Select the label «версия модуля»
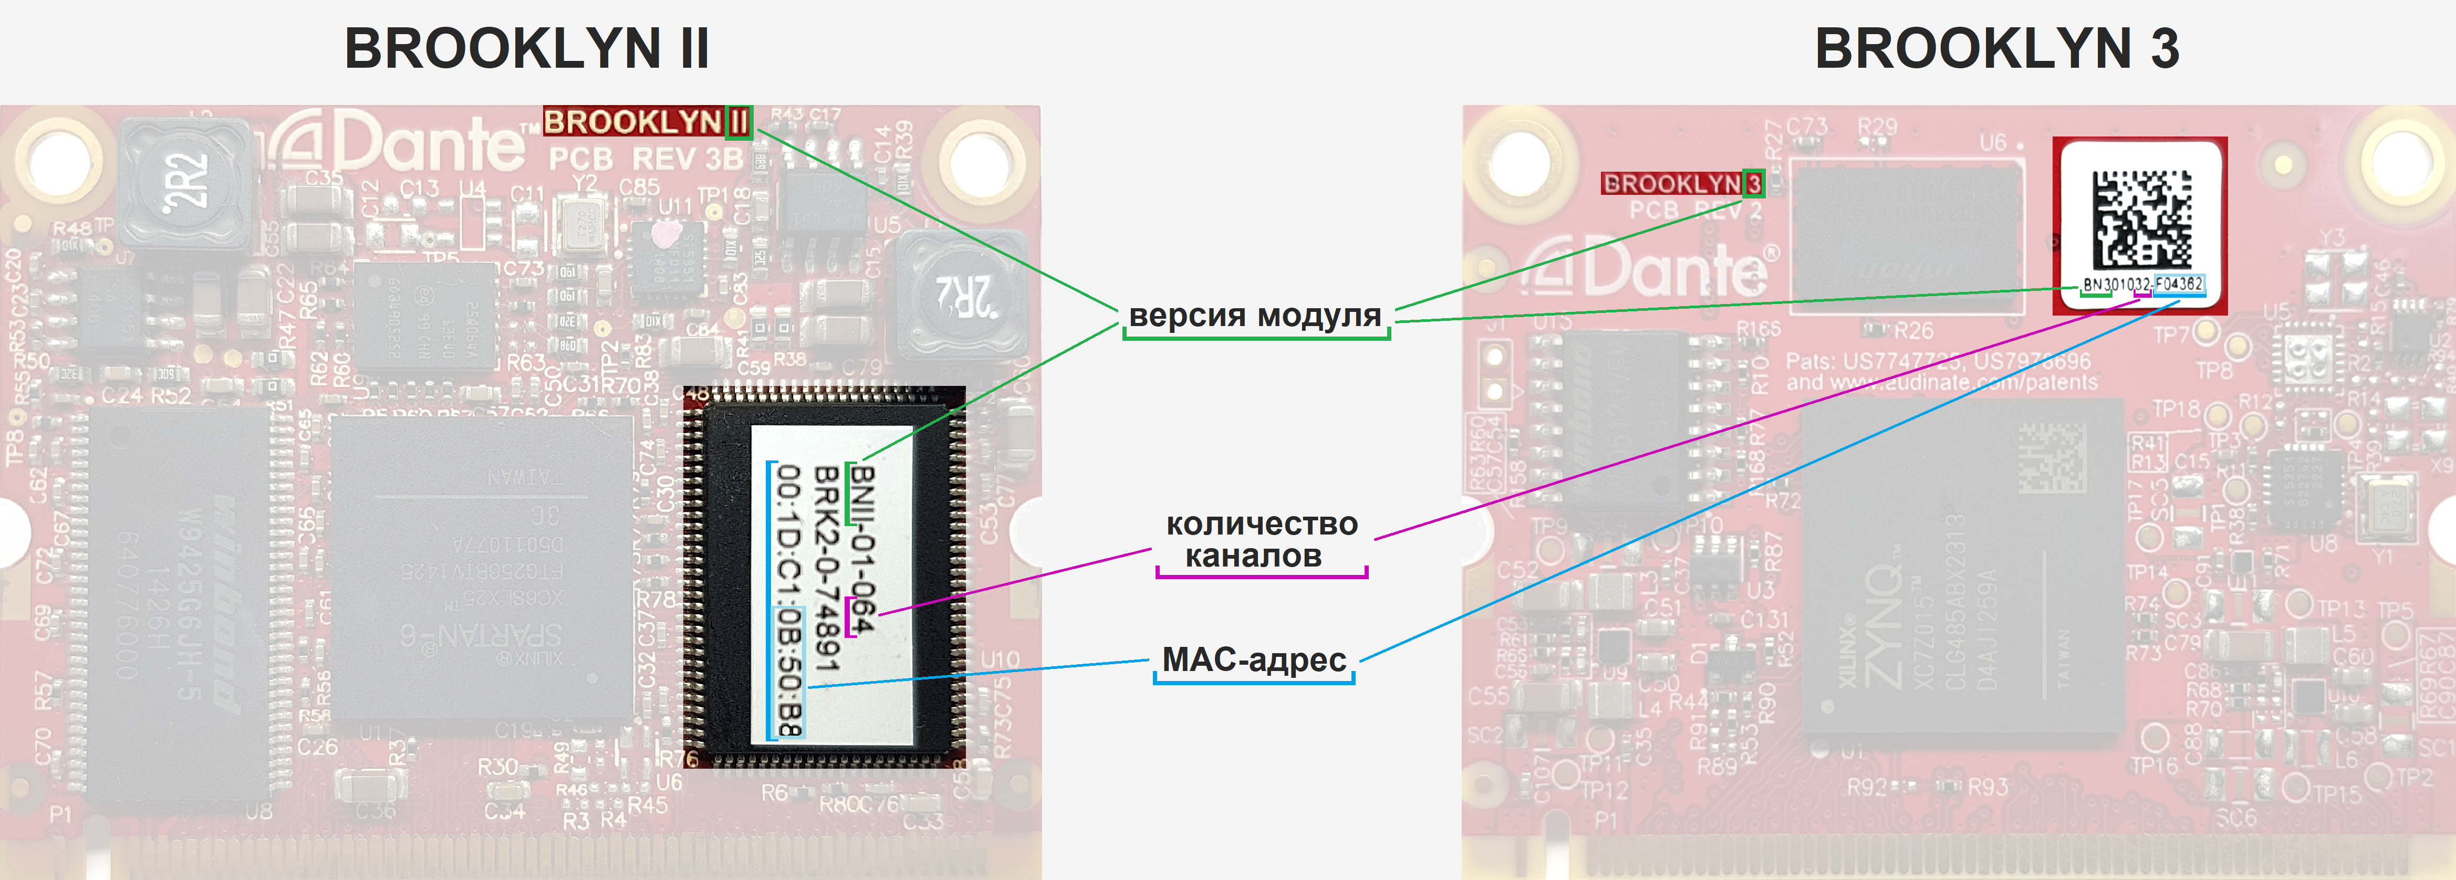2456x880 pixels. coord(1255,316)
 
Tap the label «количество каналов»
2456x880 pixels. coord(1261,540)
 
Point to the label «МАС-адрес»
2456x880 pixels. coord(1254,660)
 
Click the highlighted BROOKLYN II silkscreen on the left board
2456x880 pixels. coord(647,122)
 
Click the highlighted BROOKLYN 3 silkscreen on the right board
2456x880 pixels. coord(1682,183)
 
